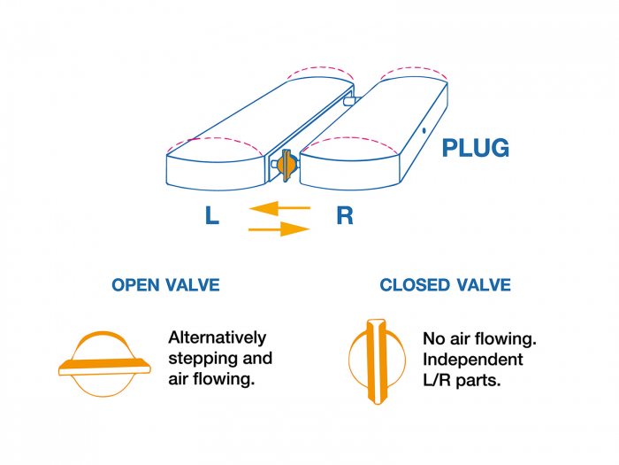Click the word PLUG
pos(476,147)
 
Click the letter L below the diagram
pos(212,216)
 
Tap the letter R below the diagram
pos(344,216)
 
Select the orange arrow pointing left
pos(279,208)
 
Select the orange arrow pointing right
pos(280,229)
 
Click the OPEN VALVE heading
pos(165,285)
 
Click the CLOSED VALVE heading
pos(445,285)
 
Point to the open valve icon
pos(103,364)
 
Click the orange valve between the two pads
pos(286,164)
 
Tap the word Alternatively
pos(217,337)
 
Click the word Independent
pos(472,360)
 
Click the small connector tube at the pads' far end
pos(349,100)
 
